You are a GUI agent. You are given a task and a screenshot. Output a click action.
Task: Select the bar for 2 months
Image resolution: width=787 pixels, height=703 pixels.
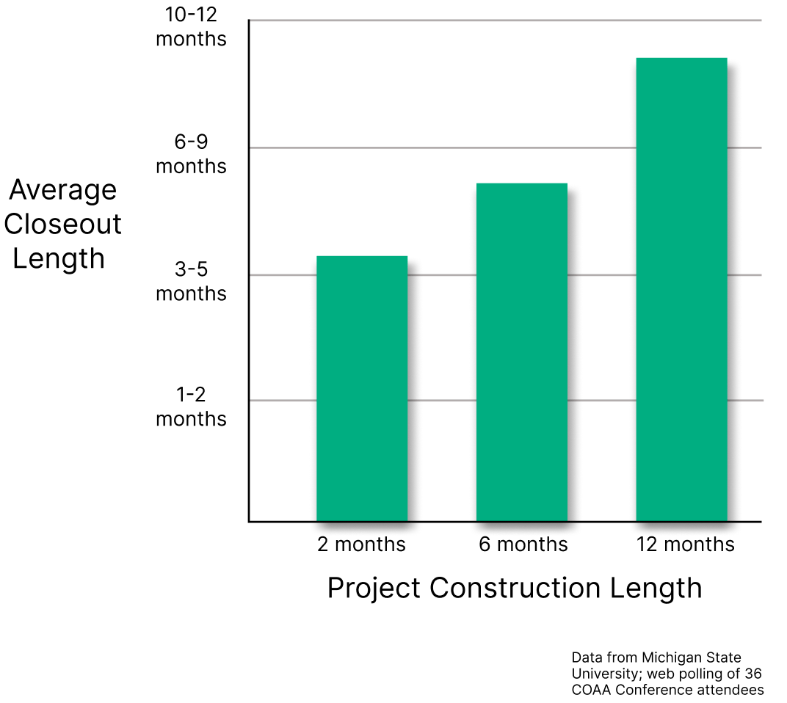point(361,388)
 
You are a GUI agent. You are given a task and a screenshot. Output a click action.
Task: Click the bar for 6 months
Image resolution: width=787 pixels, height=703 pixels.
point(521,352)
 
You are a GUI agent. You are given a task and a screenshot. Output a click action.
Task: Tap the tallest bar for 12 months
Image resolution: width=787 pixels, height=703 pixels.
point(681,289)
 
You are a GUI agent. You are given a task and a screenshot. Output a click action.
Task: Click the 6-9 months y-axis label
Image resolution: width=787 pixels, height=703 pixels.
point(191,155)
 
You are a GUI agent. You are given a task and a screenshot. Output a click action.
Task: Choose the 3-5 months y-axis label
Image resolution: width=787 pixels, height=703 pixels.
point(191,282)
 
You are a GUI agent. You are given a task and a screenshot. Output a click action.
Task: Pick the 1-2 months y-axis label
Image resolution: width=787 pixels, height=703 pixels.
point(191,407)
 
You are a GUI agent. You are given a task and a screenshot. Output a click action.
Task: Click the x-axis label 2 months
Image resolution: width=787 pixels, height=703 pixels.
point(361,544)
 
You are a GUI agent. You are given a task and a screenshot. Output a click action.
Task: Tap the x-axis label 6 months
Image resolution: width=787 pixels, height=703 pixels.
point(523,544)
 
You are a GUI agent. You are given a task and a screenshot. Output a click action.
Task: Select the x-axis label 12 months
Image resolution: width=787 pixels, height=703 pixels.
point(684,544)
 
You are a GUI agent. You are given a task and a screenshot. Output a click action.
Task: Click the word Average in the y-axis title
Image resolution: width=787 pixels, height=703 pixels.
point(63,190)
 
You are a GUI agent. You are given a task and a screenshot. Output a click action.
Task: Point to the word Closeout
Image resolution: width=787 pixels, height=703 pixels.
point(63,224)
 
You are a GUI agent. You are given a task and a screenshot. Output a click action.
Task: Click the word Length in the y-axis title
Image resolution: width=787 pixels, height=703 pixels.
point(59,258)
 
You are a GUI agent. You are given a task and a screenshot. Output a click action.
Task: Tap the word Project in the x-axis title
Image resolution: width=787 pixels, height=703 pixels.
point(373,589)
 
